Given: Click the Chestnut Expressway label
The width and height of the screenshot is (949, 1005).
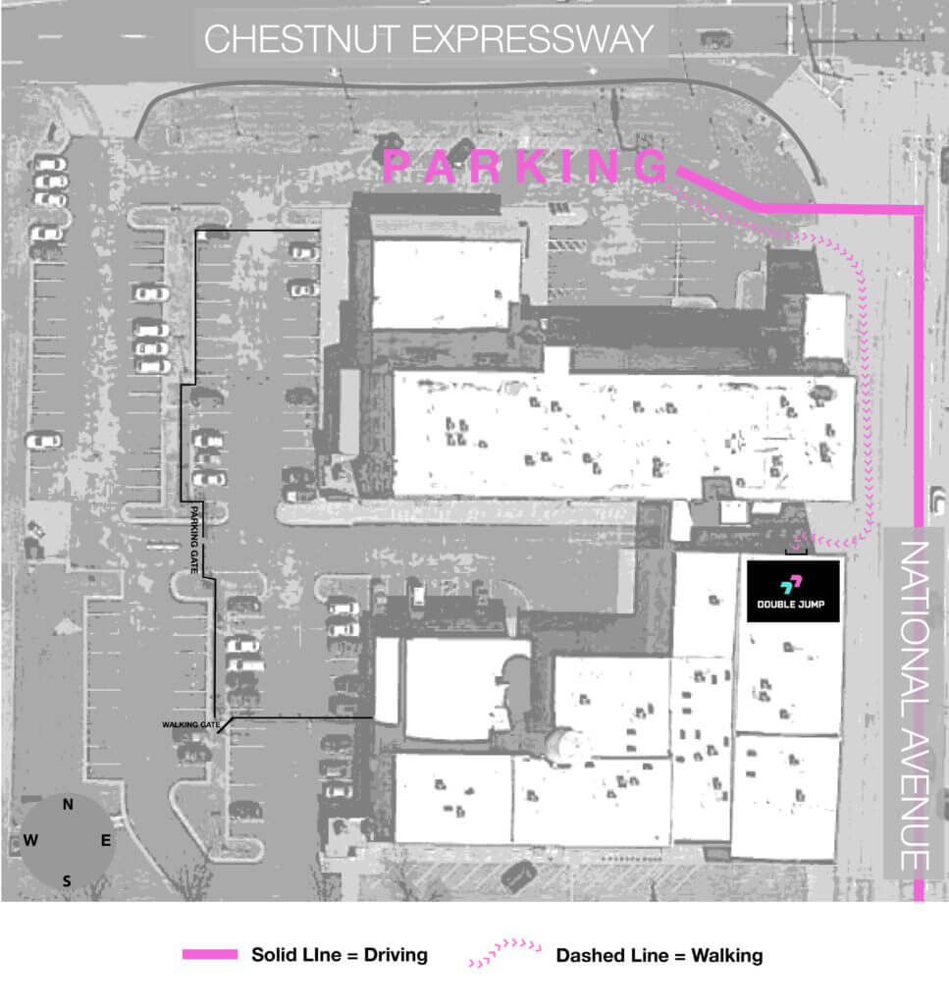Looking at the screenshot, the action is point(429,39).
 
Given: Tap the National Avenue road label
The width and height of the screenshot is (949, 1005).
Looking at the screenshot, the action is point(915,706).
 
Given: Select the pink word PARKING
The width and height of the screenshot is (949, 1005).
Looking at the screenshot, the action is point(525,166).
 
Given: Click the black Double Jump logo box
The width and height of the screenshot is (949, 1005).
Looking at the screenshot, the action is point(793,591).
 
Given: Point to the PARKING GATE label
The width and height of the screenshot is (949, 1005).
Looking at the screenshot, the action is point(194,540).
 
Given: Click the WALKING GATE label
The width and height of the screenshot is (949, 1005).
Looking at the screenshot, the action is point(191,725).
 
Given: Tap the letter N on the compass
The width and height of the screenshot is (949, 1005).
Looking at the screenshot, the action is point(68,805).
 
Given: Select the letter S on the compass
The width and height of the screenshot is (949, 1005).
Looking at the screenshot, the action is point(67,881).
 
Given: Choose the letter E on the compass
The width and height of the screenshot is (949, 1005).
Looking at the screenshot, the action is point(106,840).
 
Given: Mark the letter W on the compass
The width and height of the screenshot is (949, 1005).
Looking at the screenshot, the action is point(30,840).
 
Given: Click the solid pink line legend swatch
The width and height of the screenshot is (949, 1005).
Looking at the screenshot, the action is point(210,954).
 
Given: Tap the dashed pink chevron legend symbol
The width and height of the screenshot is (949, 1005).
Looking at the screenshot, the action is point(505,952).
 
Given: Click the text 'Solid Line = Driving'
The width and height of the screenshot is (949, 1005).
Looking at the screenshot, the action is point(340,954).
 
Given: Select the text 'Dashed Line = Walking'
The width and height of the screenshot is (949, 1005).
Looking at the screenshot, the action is point(659,955).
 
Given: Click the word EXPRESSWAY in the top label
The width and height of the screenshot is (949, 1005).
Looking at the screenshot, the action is point(533,39).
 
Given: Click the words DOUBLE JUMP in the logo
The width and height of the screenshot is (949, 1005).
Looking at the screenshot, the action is point(791,604).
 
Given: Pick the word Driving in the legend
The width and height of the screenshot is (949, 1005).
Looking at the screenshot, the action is point(395,955).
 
